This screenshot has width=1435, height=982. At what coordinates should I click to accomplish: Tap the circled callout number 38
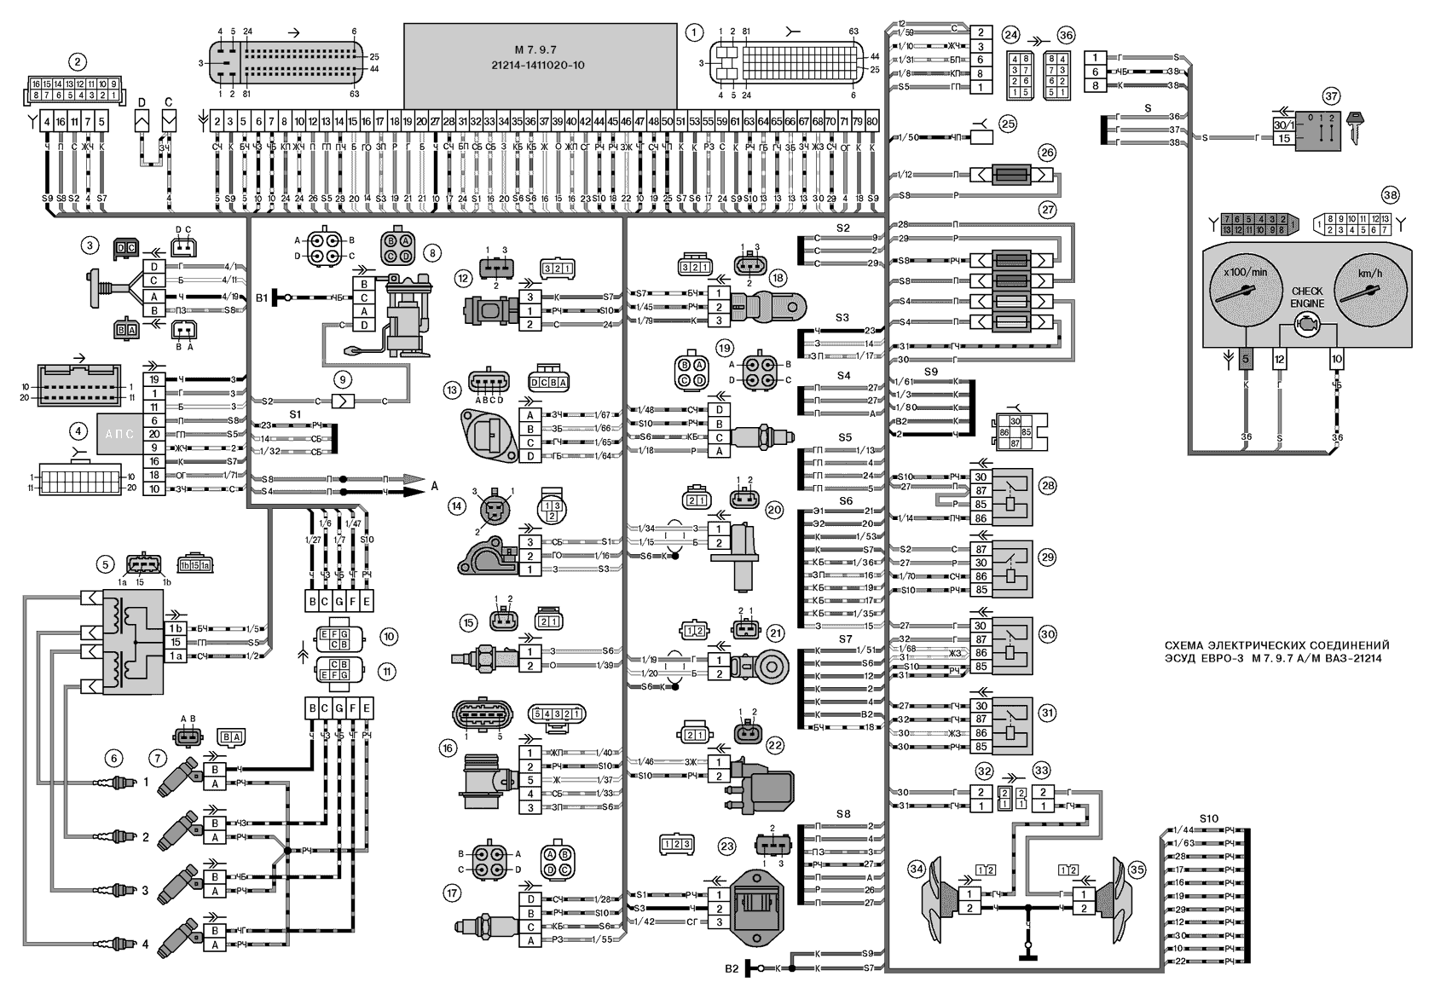1391,195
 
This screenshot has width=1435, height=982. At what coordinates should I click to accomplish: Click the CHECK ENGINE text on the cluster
1306,297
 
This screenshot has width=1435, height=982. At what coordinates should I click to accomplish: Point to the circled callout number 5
105,563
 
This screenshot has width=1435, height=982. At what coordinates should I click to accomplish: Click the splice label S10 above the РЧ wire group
1208,818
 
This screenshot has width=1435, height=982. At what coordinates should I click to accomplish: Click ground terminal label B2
731,969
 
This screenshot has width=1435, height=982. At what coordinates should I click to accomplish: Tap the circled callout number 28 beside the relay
1047,485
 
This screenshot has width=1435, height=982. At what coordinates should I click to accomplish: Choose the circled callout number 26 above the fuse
1047,153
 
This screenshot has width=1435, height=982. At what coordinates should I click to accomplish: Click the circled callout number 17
450,892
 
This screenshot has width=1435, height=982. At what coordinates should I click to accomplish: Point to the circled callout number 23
726,846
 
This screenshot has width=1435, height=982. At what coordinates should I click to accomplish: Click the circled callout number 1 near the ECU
695,32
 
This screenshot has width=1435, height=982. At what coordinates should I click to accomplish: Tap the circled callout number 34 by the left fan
916,869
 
